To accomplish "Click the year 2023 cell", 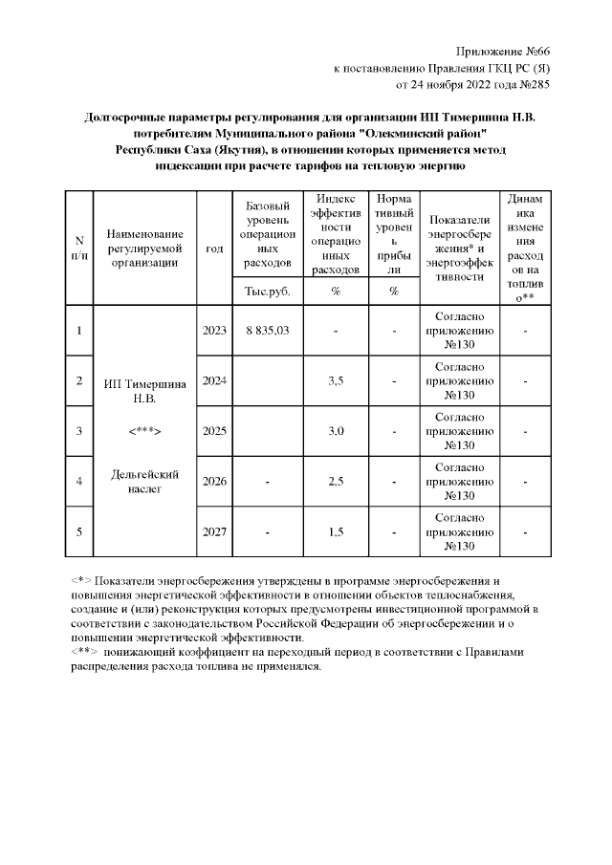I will pos(214,330).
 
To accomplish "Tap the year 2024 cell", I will pos(214,380).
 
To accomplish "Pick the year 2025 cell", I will pos(214,431).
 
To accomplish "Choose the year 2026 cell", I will pos(214,481).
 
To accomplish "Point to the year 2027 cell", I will pos(214,531).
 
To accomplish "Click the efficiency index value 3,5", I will pos(336,380).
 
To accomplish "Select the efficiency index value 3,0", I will pos(336,431).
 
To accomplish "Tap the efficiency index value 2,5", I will pos(336,481).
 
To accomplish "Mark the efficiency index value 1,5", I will pos(336,531).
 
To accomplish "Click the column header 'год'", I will pos(214,248).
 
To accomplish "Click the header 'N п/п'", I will pos(79,248).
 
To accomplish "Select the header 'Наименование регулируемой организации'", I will pos(144,248).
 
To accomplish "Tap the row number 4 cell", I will pos(79,481).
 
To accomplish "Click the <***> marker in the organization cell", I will pos(144,431).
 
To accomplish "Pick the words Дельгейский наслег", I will pos(144,481).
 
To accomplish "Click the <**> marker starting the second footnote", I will pos(83,652).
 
